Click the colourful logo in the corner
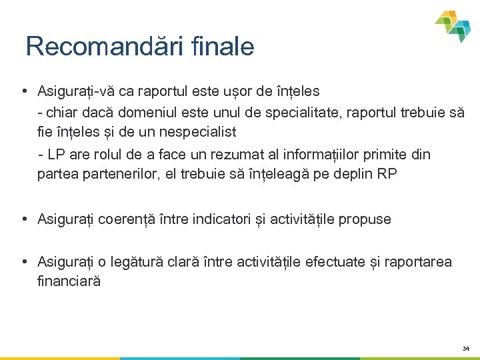click(455, 26)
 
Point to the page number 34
click(465, 349)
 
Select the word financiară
click(69, 281)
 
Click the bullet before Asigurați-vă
click(24, 91)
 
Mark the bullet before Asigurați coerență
click(24, 219)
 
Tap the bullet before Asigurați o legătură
click(24, 262)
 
